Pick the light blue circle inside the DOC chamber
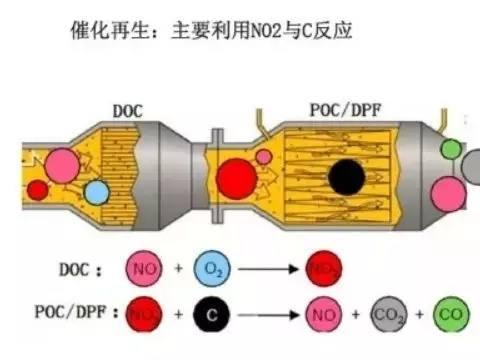pos(97,192)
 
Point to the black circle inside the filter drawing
pos(346,178)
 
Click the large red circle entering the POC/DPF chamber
pos(240,178)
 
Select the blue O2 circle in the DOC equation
pos(210,269)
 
